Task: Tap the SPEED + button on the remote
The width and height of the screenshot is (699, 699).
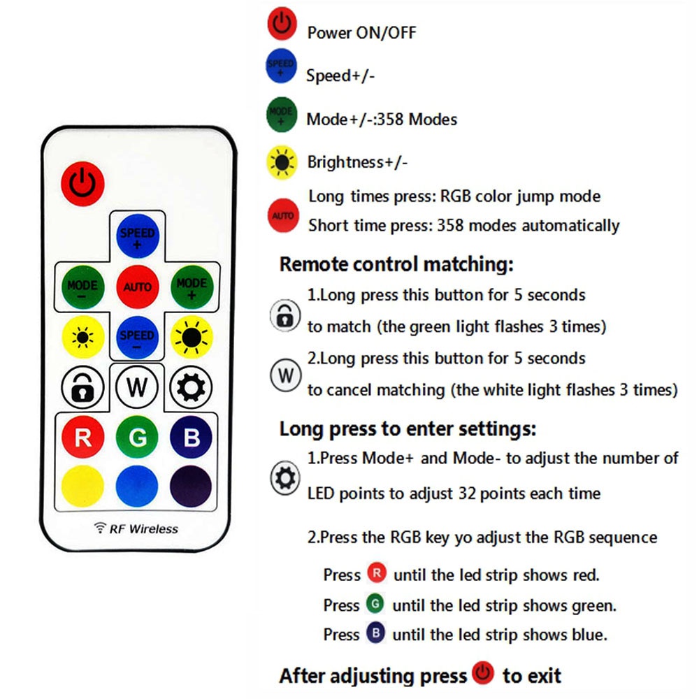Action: (x=136, y=236)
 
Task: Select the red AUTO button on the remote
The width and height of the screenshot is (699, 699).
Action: (x=137, y=287)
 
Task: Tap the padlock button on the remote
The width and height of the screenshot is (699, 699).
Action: (x=82, y=387)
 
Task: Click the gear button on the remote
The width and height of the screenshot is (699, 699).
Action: (x=190, y=387)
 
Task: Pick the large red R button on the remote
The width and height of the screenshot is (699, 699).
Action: (x=82, y=438)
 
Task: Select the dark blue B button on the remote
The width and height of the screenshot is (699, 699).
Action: (x=190, y=438)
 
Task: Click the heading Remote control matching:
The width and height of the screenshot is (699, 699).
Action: (x=396, y=264)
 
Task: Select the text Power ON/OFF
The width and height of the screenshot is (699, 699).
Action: (x=361, y=32)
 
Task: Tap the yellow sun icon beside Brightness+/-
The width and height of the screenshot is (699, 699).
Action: (x=282, y=162)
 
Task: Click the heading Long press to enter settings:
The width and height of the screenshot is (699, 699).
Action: (x=408, y=428)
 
